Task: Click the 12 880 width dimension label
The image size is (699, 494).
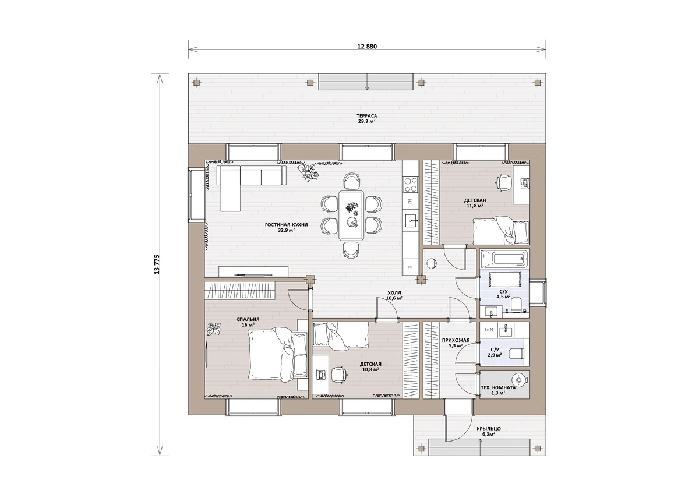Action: (x=367, y=47)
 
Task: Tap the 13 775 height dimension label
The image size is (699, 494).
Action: (x=157, y=264)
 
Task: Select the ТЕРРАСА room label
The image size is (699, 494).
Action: (x=366, y=116)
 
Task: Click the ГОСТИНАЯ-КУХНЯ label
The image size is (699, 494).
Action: (x=286, y=225)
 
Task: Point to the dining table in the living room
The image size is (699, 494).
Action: (x=351, y=216)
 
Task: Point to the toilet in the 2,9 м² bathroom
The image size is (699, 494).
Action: (x=517, y=354)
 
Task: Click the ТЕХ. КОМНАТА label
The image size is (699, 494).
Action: (x=498, y=387)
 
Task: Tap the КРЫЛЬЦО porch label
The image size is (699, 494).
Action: (x=489, y=429)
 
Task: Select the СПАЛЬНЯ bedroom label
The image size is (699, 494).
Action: (x=248, y=320)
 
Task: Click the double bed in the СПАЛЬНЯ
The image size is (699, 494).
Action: (x=278, y=355)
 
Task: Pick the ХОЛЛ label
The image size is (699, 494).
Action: (x=394, y=293)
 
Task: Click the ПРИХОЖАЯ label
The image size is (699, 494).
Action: (x=456, y=340)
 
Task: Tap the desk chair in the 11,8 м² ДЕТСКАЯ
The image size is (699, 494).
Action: (x=504, y=182)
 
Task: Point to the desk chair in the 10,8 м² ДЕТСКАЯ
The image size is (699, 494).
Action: (x=339, y=375)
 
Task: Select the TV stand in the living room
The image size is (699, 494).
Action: (x=253, y=271)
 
